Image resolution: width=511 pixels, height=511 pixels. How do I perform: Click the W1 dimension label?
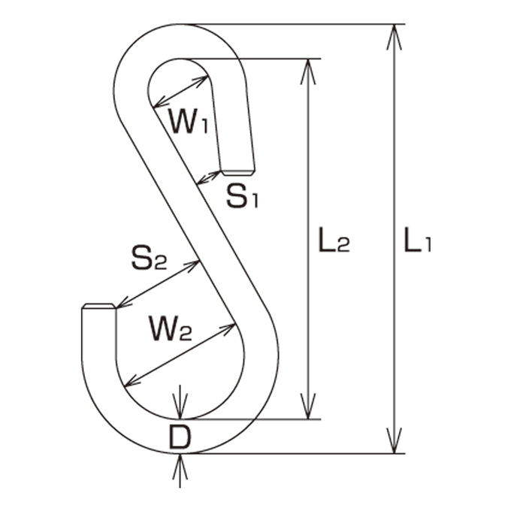[x=189, y=120]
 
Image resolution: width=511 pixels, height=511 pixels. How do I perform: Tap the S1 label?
[x=243, y=196]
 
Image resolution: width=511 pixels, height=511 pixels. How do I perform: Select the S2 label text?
[x=149, y=258]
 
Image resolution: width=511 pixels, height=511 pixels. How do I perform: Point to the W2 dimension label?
[x=170, y=328]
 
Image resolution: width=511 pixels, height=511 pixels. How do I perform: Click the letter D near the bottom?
[x=180, y=437]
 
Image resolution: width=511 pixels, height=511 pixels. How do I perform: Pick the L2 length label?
[x=334, y=240]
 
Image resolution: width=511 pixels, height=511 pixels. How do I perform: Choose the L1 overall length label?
[x=418, y=240]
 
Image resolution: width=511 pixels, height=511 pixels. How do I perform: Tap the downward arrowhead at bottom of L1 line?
[x=395, y=440]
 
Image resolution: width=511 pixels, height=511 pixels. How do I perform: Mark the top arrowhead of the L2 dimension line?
[x=308, y=71]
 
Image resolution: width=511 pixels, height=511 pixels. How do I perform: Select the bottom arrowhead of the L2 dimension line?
[x=308, y=406]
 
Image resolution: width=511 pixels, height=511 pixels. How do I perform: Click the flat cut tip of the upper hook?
[x=238, y=172]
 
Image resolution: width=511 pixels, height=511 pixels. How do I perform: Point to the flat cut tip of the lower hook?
[x=98, y=306]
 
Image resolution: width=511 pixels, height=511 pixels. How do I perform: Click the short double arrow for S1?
[x=209, y=177]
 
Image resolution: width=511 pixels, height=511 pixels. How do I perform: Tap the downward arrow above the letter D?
[x=180, y=402]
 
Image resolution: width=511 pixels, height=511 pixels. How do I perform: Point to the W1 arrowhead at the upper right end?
[x=200, y=80]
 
